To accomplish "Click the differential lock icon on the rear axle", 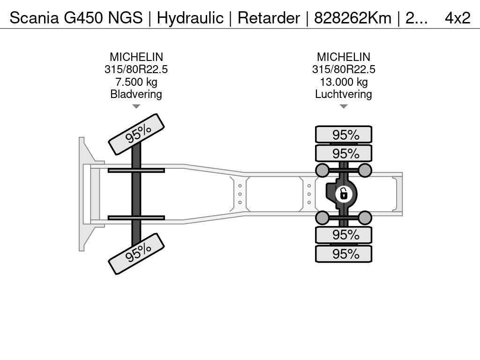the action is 344,194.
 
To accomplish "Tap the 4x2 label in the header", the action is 457,18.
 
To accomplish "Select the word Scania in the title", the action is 34,18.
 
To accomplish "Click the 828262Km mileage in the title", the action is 352,18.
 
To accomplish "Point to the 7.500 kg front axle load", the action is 136,82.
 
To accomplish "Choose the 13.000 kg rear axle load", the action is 344,82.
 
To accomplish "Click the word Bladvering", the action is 136,94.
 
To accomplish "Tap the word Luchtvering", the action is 344,94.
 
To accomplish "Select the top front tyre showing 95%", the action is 136,135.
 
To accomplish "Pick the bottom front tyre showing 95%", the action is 136,254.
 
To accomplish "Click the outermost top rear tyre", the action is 344,135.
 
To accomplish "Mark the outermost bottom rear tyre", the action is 344,254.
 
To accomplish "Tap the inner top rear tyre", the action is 344,153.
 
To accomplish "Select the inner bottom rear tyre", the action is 344,235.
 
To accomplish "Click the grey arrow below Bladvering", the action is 136,106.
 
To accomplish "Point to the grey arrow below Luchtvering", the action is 344,106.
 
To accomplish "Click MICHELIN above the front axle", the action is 136,57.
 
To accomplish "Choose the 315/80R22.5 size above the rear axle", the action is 344,69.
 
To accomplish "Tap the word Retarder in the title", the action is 269,18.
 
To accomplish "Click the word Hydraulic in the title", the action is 190,18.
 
